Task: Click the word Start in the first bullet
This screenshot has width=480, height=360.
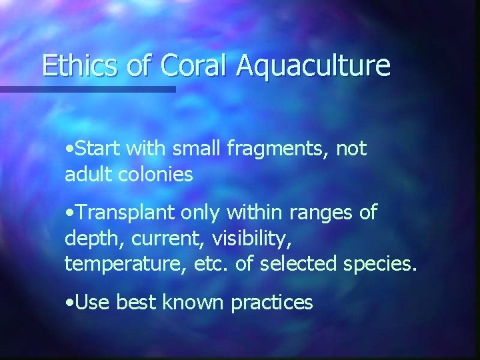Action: [x=98, y=149]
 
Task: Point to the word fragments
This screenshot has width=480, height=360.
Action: [x=258, y=150]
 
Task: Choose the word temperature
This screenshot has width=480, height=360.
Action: [x=116, y=264]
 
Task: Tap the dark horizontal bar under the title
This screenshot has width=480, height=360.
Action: [x=87, y=89]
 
